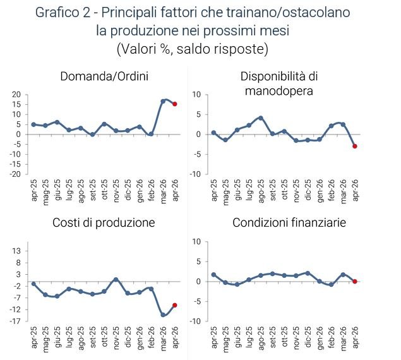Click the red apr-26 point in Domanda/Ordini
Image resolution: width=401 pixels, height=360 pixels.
pyautogui.click(x=175, y=104)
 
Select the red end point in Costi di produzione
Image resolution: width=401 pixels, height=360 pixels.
pyautogui.click(x=175, y=305)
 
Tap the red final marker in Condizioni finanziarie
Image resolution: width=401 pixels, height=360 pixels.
pyautogui.click(x=355, y=282)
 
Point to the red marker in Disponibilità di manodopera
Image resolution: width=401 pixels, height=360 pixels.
pyautogui.click(x=355, y=146)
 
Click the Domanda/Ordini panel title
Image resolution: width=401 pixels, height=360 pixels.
pyautogui.click(x=104, y=77)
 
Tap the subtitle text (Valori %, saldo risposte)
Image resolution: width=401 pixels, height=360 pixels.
pyautogui.click(x=193, y=49)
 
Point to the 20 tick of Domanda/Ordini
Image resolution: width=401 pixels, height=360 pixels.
pyautogui.click(x=17, y=95)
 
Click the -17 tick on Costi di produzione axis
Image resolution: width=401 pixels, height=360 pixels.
pyautogui.click(x=15, y=321)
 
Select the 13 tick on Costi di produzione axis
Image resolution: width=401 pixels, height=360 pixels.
pyautogui.click(x=17, y=251)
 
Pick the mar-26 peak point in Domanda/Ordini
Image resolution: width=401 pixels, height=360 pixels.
pyautogui.click(x=163, y=101)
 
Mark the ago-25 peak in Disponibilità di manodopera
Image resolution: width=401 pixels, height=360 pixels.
pyautogui.click(x=260, y=118)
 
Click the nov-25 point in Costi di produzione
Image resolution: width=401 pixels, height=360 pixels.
pyautogui.click(x=116, y=279)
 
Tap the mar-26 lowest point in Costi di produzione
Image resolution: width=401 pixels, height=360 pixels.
pyautogui.click(x=163, y=315)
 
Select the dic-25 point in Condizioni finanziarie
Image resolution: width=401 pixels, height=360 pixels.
pyautogui.click(x=308, y=273)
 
